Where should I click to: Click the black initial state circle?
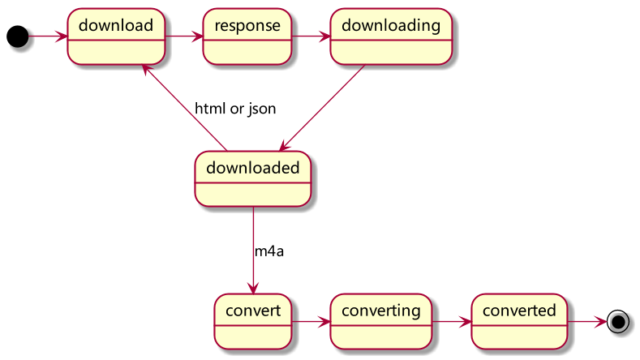coord(18,36)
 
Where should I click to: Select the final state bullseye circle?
coord(618,322)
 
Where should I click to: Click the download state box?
coord(116,36)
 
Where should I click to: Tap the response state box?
coord(247,36)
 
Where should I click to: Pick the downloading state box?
coord(391,36)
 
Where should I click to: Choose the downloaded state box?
coord(252,178)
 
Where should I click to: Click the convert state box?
coord(253,322)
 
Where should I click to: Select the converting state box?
coord(380,322)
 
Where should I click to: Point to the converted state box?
coord(519,322)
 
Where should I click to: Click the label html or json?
coord(235,109)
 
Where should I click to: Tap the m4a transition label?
coord(269,251)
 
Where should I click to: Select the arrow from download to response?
coord(184,36)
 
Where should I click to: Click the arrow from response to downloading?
coord(311,36)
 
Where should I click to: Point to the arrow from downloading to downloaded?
coord(322,108)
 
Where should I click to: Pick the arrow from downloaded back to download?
coord(184,107)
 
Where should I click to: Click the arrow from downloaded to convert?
coord(253,251)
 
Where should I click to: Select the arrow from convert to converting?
coord(311,322)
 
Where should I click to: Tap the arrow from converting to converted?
coord(452,322)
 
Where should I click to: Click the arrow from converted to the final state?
coord(587,322)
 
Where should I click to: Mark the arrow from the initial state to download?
coord(48,36)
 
